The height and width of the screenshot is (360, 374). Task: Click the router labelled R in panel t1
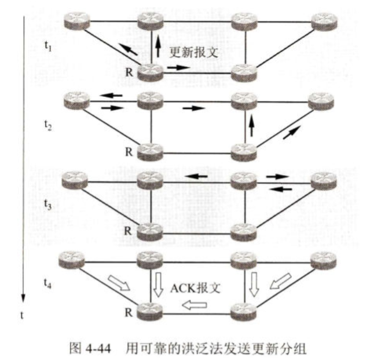(151, 71)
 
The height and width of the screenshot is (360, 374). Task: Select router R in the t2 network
(151, 151)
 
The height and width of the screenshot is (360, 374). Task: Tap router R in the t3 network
(151, 230)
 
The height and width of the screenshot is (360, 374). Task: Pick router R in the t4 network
(151, 311)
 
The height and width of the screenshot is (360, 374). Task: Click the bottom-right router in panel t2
(243, 151)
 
